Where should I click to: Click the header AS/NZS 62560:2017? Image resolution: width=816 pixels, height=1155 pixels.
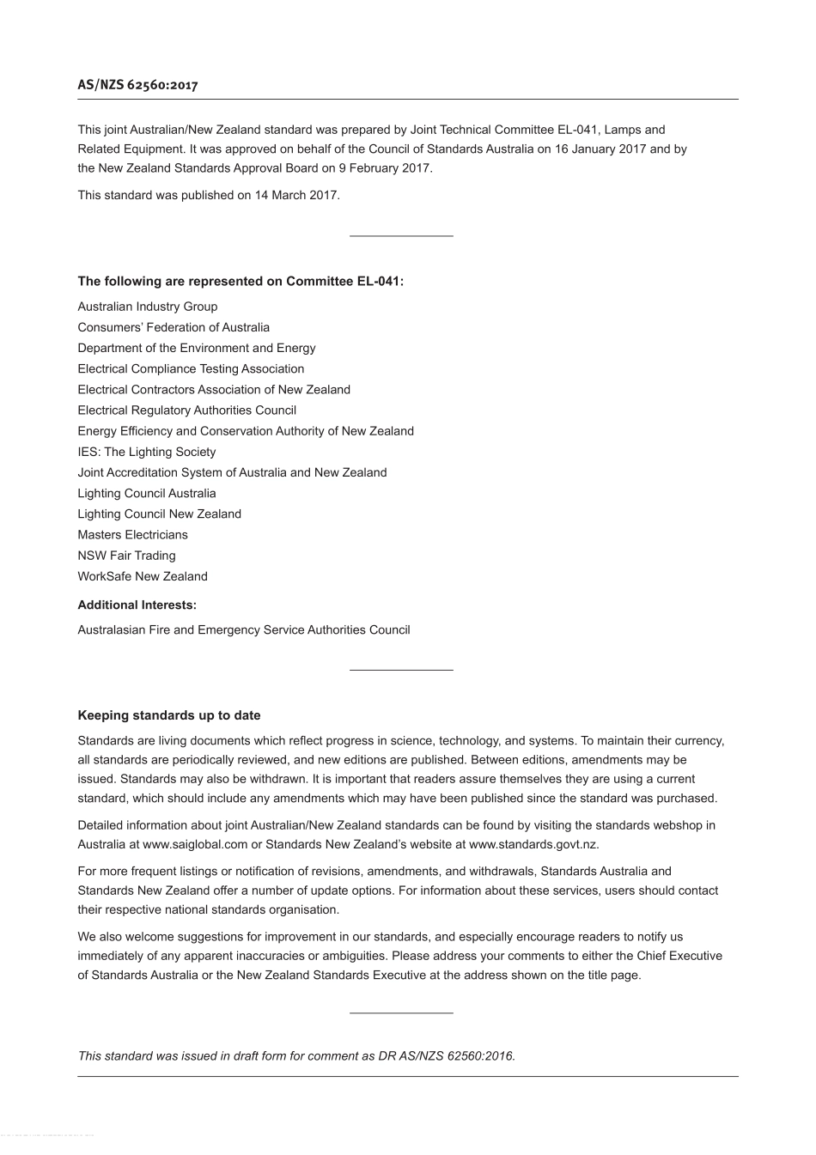point(137,85)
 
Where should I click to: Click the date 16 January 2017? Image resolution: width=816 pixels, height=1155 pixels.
point(600,149)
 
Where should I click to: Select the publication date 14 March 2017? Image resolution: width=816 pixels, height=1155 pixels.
point(296,195)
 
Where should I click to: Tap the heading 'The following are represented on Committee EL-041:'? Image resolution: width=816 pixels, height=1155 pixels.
point(241,281)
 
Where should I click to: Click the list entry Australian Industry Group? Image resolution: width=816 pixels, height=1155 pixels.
point(147,307)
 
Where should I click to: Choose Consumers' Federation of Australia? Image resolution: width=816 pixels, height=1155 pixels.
point(174,327)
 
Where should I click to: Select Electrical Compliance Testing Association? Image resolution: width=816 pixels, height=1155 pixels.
point(191,368)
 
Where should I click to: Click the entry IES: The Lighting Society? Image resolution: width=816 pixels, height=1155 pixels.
point(146,452)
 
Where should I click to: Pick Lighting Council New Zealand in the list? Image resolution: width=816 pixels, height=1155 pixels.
point(159,514)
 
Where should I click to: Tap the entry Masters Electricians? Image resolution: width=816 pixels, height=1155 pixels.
point(132,534)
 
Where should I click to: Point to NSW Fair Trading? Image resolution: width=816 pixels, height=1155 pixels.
point(126,556)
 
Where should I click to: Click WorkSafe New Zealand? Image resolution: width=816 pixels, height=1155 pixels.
point(143,576)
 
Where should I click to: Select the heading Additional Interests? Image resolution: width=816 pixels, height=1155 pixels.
point(137,605)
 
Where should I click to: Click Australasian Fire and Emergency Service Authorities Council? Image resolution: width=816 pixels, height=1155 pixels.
point(244,629)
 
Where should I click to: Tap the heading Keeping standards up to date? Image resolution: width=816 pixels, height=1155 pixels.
point(169,715)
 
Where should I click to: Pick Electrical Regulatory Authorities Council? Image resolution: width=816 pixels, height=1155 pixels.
point(186,410)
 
